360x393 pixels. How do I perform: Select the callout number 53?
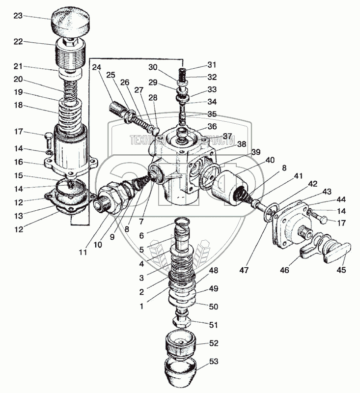click(214, 362)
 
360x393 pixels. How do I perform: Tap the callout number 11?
click(83, 253)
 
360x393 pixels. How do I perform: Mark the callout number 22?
click(18, 42)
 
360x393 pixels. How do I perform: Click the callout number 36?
click(211, 126)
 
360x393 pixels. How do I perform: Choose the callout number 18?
click(18, 105)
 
